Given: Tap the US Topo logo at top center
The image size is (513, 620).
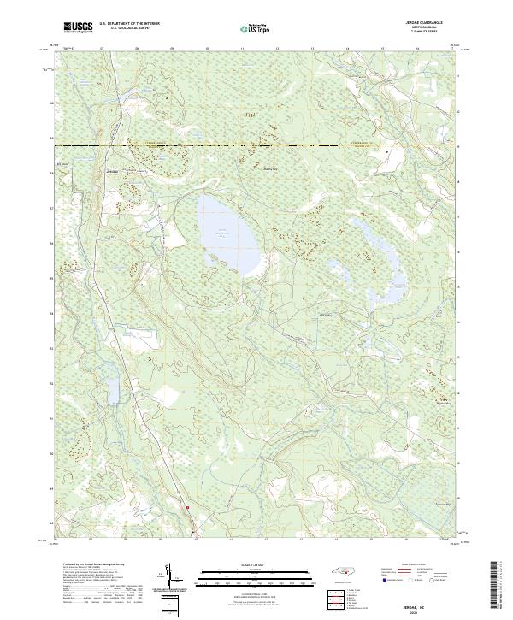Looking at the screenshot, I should (256, 28).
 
